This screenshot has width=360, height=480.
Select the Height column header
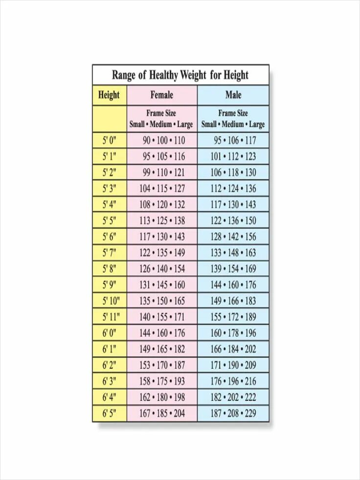coord(109,95)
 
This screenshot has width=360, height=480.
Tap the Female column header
coord(162,95)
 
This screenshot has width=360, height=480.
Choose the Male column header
coord(233,95)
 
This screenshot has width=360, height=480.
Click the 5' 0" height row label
coord(109,141)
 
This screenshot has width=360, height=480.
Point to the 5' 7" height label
coord(109,253)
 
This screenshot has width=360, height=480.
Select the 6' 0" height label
coord(109,333)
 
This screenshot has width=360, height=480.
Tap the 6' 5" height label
coord(109,413)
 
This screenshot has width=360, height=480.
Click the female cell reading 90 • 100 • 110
coord(163,141)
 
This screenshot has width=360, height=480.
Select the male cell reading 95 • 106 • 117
coord(234,141)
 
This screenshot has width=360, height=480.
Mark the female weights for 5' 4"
coord(163,205)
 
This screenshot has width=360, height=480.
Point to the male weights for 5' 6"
coord(233,237)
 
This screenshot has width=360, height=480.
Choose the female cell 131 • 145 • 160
coord(163,285)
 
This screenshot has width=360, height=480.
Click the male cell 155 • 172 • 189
coord(233,317)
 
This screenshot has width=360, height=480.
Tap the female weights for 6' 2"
coord(163,365)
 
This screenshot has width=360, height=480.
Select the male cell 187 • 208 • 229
coord(233,413)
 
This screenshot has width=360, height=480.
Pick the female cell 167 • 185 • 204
coord(163,413)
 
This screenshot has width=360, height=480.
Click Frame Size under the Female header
coord(161,114)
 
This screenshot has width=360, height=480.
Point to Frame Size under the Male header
coord(233,114)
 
